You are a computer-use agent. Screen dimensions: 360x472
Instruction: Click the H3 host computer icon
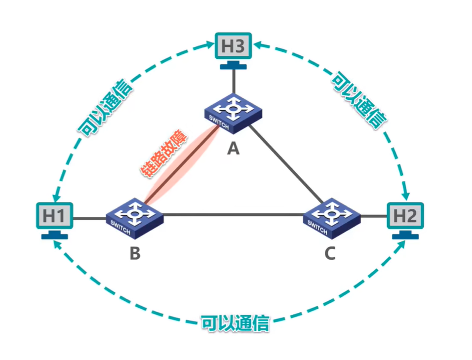(234, 47)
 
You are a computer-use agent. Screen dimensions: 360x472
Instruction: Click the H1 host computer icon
(54, 215)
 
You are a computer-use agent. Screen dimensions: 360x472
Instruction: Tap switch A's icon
(233, 113)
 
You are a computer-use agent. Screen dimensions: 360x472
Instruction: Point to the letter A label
(233, 148)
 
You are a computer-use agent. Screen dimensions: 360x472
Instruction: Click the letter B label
(135, 254)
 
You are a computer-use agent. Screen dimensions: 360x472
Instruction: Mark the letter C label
(330, 254)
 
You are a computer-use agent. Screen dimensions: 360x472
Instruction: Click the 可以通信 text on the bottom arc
(235, 324)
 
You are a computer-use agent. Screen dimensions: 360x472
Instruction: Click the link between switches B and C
(232, 215)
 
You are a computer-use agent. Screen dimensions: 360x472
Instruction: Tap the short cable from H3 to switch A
(234, 81)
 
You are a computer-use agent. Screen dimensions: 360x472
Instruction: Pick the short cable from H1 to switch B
(89, 216)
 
